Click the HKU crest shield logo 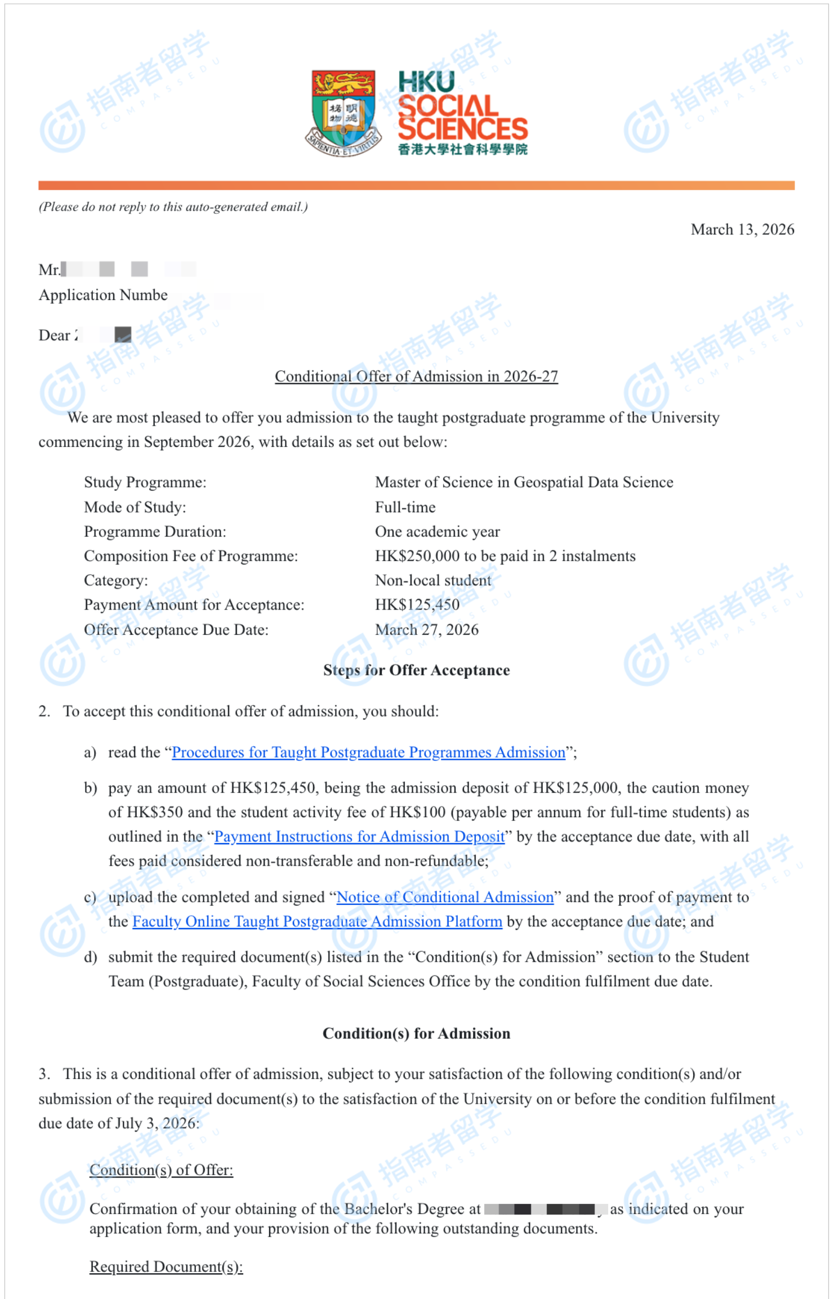(343, 113)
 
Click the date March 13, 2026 (742, 230)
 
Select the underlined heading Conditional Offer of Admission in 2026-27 (416, 376)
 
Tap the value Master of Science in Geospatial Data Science (524, 482)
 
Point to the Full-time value (405, 507)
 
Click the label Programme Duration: (155, 532)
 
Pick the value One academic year (437, 532)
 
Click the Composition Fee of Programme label (191, 556)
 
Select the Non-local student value (433, 580)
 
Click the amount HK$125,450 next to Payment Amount (417, 604)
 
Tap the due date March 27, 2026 (426, 629)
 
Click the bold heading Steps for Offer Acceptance (416, 670)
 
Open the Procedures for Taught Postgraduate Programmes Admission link (368, 752)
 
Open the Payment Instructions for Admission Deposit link (359, 837)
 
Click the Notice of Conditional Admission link (445, 897)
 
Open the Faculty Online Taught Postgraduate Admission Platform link (317, 921)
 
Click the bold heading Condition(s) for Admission (416, 1033)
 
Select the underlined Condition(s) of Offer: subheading (161, 1170)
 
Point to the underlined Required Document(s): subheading (166, 1266)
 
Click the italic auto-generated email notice (173, 207)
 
